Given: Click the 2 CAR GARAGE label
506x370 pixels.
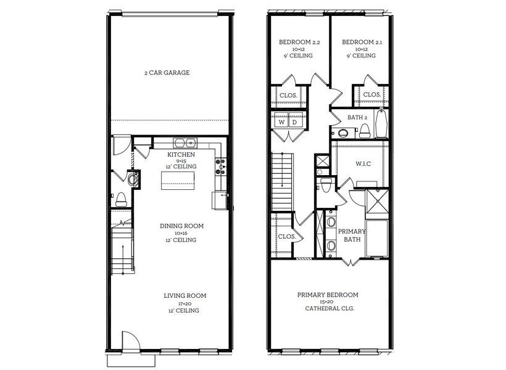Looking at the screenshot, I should [x=167, y=73].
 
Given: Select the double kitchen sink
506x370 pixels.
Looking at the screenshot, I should [x=183, y=144].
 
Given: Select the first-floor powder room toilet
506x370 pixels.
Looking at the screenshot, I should [x=122, y=199].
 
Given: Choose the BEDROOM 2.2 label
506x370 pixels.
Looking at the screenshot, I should [x=299, y=43].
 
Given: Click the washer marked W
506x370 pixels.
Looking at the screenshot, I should [x=281, y=122].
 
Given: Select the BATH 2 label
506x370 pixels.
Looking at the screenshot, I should [x=358, y=117].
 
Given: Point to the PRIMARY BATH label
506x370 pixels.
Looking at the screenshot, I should [x=352, y=235].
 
